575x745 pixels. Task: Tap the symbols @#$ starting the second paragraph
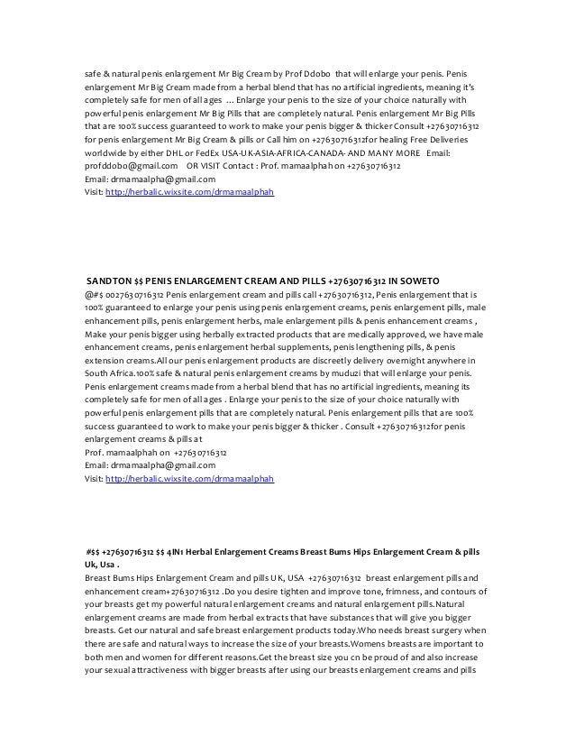pyautogui.click(x=85, y=294)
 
